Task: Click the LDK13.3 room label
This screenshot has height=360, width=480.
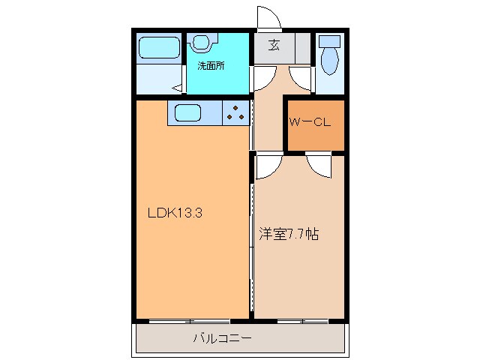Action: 175,213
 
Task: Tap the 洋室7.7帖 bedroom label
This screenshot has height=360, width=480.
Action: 291,234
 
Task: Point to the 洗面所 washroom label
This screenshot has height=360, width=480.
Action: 211,65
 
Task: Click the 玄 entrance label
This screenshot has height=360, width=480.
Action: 274,46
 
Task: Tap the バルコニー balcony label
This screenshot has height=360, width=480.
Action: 223,338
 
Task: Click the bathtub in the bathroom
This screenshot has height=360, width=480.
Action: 159,47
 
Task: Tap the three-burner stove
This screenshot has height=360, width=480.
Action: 236,113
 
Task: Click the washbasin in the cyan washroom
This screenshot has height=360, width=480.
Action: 202,41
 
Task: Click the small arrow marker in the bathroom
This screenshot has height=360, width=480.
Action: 175,88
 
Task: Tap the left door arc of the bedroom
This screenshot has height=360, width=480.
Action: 269,165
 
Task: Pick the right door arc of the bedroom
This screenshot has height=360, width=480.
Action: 319,165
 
